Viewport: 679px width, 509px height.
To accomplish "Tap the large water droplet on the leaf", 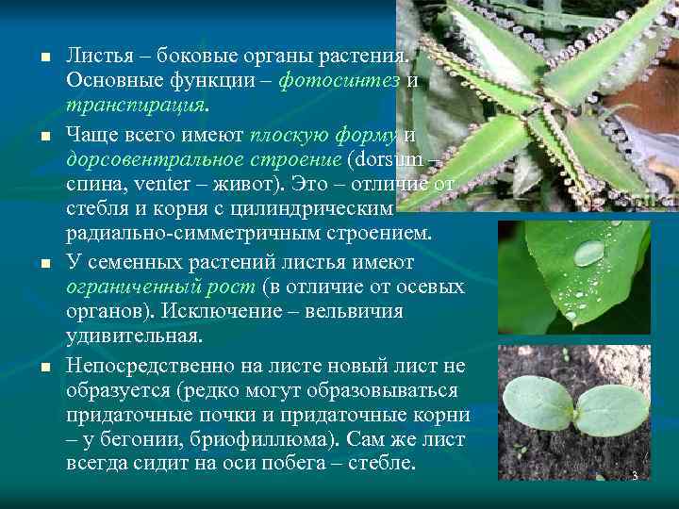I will [x=589, y=253].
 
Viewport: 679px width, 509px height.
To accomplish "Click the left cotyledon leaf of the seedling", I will [x=538, y=403].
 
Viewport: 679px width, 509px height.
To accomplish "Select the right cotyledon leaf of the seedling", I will [x=612, y=408].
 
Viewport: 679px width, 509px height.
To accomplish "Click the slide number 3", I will [x=634, y=476].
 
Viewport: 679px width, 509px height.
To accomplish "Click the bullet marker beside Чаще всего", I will [x=42, y=139].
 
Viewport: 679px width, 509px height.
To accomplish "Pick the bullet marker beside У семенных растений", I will [x=42, y=265].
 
